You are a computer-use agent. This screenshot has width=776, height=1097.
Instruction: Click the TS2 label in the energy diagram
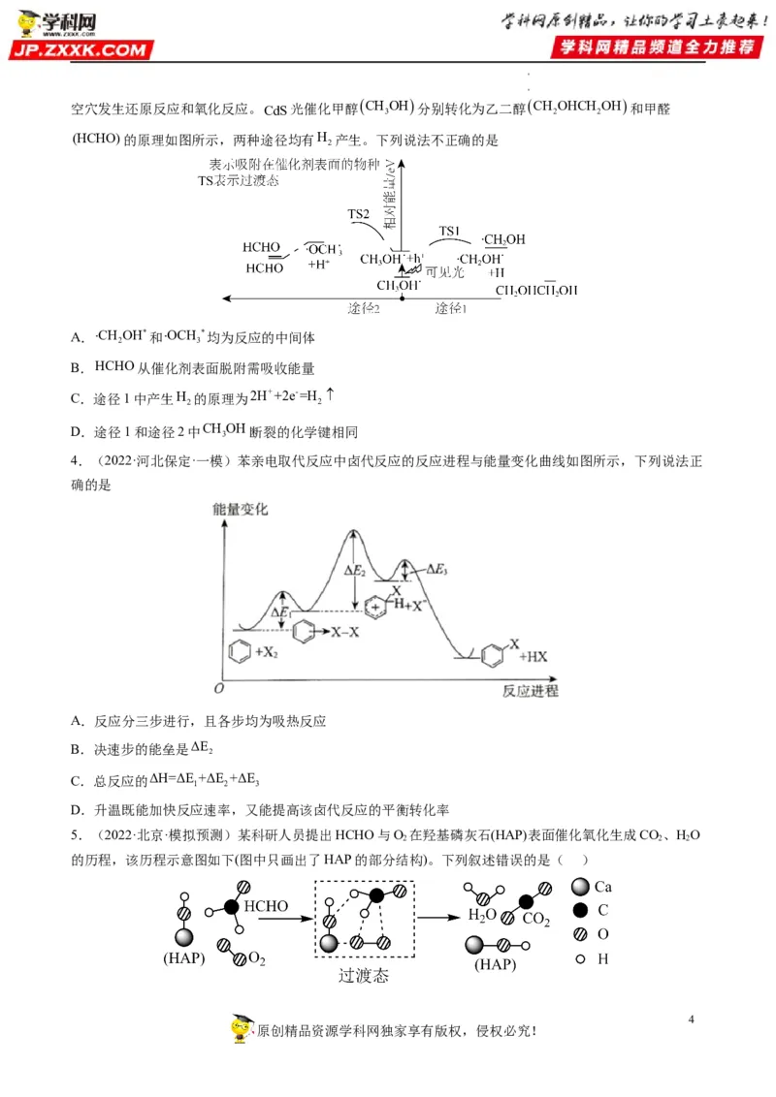[x=359, y=214]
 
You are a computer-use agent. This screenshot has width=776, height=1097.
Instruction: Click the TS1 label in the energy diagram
[x=448, y=231]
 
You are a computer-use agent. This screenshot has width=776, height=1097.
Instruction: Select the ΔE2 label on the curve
[x=355, y=572]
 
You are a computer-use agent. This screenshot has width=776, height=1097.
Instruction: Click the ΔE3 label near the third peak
[x=437, y=570]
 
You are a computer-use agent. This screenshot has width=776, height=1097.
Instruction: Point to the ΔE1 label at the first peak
[x=280, y=613]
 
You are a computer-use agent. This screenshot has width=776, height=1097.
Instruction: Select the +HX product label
[x=533, y=657]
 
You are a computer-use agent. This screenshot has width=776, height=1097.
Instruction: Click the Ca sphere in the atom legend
[x=580, y=887]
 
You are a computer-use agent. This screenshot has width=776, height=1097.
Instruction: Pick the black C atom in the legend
[x=580, y=910]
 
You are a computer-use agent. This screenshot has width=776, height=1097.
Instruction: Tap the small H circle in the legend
[x=580, y=958]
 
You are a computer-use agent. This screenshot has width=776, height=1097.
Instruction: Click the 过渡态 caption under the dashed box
[x=363, y=976]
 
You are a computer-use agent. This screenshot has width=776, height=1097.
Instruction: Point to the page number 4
[x=691, y=1019]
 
